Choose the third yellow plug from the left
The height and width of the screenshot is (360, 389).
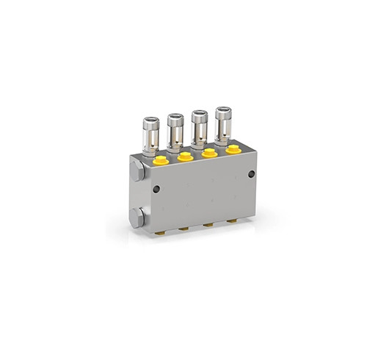pyautogui.click(x=209, y=153)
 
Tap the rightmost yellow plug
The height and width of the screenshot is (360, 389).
pyautogui.click(x=233, y=150)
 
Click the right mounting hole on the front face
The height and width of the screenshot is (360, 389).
pyautogui.click(x=251, y=174)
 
